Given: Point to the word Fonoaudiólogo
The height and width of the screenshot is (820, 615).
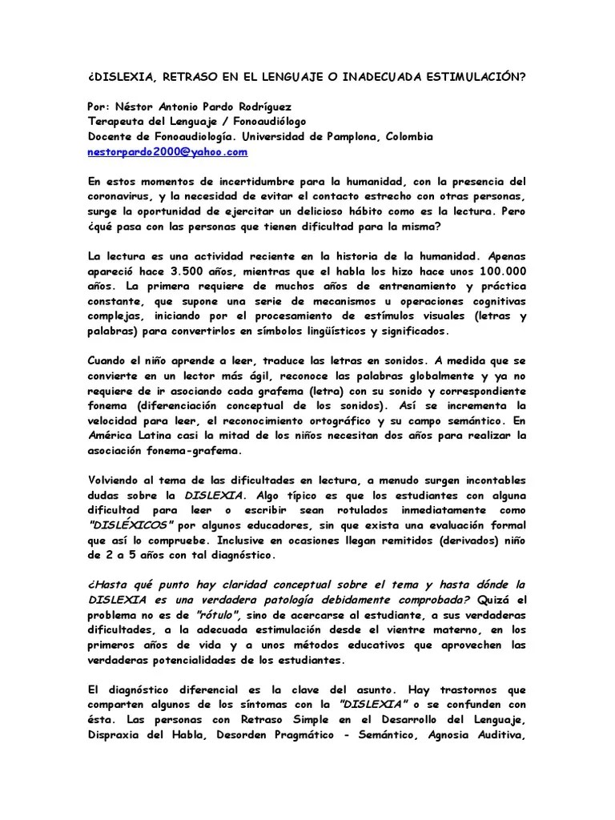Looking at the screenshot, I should coord(258,122).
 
